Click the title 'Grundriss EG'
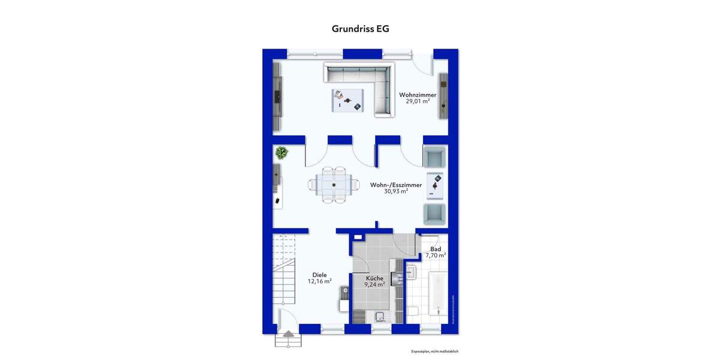pos(360,28)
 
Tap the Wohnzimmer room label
pos(418,94)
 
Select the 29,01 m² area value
pos(418,101)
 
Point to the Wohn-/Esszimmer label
pos(395,185)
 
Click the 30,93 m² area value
pos(396,191)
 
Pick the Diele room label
pos(319,274)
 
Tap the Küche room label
pos(376,278)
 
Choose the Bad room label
pos(436,248)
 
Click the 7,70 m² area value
pos(436,256)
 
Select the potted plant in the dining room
pos(281,153)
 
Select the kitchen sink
pos(379,317)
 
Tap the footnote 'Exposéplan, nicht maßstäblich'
pos(435,352)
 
